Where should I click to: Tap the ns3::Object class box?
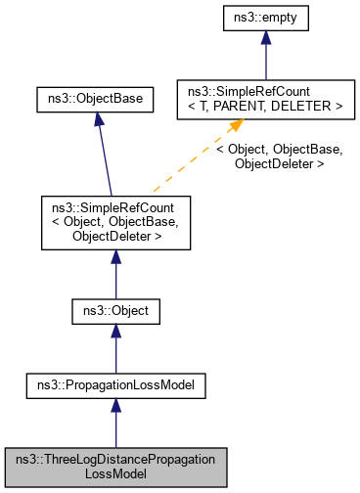tap(115, 312)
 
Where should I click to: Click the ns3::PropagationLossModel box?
tap(115, 386)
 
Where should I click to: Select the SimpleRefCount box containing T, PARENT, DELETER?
tap(259, 99)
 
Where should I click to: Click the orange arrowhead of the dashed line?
tap(235, 129)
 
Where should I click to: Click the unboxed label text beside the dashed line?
tap(280, 157)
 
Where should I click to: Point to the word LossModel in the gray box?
tap(115, 474)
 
